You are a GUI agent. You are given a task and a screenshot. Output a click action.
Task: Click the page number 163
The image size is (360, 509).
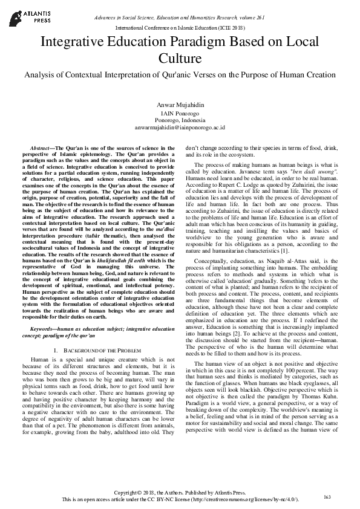327,496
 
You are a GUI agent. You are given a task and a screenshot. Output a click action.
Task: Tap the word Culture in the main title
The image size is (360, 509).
180,59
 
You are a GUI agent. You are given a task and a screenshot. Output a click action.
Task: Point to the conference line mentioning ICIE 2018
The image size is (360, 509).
180,28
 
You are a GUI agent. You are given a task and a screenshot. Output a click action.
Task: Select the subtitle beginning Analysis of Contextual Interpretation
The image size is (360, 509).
180,74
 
